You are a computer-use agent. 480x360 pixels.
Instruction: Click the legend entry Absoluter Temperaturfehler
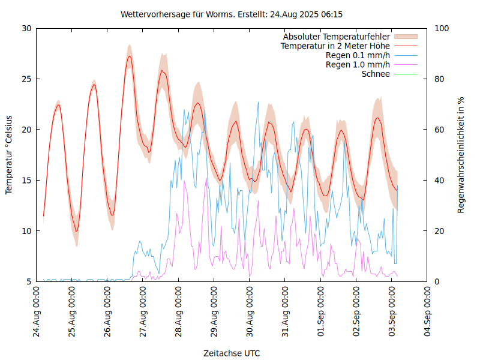pos(337,37)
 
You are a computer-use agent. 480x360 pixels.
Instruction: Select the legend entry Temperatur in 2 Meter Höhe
pos(335,46)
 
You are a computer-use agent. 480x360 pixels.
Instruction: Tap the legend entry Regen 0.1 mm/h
pos(358,55)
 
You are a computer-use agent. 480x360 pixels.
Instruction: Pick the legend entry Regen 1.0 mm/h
pos(358,65)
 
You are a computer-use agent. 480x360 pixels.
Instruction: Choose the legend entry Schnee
pos(376,74)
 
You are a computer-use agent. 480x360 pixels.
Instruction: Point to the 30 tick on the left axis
pos(26,28)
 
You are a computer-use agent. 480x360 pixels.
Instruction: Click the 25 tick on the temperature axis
pos(26,79)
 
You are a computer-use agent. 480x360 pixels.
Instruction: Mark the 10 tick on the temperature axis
pos(26,231)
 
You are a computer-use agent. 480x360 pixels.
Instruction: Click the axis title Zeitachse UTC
pos(232,353)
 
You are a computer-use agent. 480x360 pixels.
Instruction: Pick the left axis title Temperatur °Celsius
pos(9,155)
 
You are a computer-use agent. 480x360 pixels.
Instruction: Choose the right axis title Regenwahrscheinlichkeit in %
pos(461,155)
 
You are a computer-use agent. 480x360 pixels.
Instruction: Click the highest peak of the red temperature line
pos(129,56)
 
